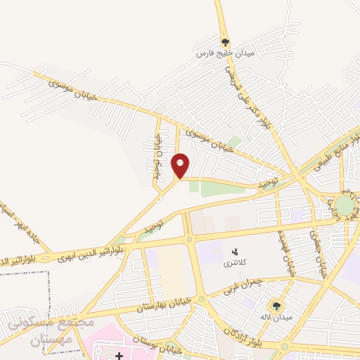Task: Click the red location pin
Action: pyautogui.click(x=181, y=165)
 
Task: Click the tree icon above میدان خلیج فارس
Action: pyautogui.click(x=225, y=41)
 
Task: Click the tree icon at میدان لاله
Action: pyautogui.click(x=276, y=305)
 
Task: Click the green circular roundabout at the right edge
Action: pyautogui.click(x=345, y=205)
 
